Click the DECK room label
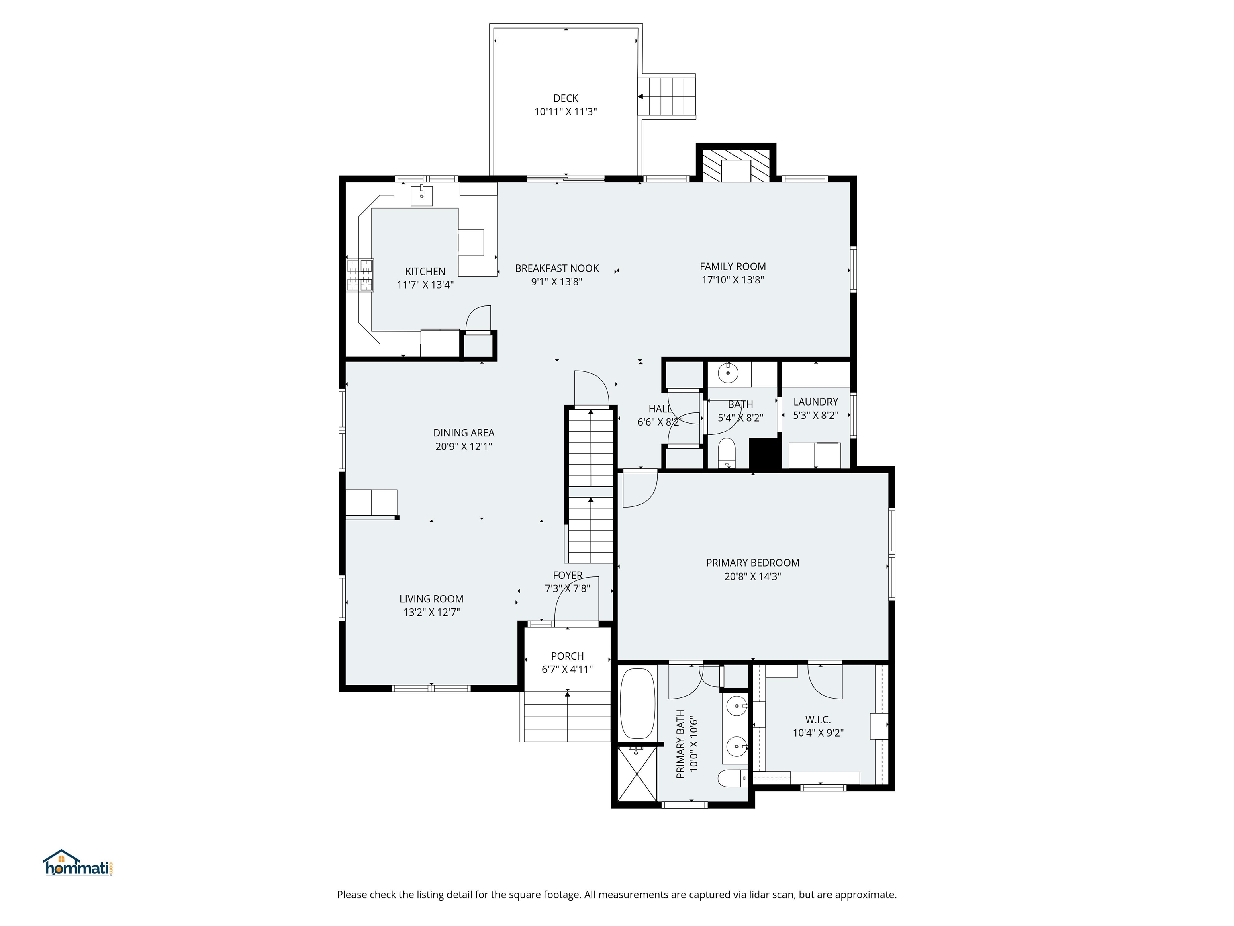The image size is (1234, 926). (565, 98)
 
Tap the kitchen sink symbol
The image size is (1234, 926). (422, 195)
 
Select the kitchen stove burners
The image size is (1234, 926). (360, 275)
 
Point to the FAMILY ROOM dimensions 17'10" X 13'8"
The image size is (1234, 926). (732, 280)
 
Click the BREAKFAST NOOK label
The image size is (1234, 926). (556, 268)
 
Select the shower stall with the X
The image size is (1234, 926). (637, 775)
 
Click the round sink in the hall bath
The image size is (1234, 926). (727, 372)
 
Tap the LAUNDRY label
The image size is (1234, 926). (815, 402)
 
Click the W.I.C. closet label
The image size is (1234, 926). (817, 720)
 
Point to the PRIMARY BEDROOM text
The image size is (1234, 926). (752, 563)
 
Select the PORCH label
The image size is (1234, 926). (567, 656)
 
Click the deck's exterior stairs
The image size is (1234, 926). (667, 96)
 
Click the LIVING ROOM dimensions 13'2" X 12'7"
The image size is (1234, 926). (431, 613)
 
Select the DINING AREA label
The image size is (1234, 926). (464, 433)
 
